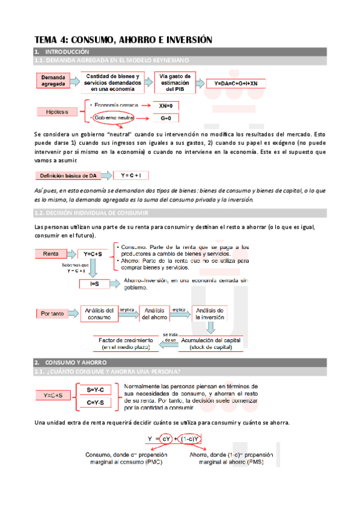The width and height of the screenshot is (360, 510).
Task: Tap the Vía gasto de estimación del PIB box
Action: click(174, 81)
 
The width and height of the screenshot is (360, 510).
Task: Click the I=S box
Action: click(94, 284)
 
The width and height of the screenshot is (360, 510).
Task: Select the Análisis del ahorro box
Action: click(156, 313)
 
